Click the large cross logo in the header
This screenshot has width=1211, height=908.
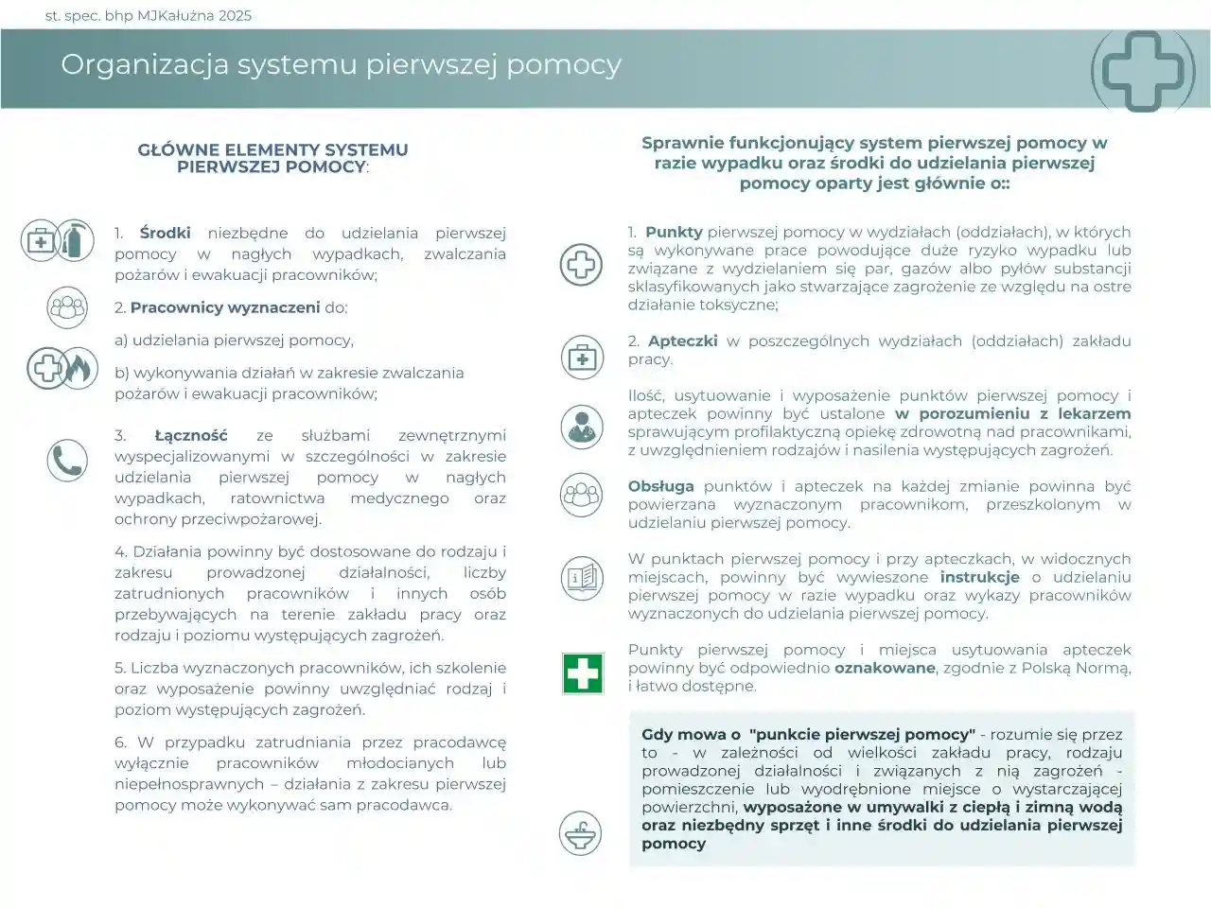pyautogui.click(x=1143, y=70)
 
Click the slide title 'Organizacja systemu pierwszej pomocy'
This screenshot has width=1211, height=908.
pyautogui.click(x=341, y=64)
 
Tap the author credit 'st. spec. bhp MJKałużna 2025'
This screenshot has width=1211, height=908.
pyautogui.click(x=149, y=15)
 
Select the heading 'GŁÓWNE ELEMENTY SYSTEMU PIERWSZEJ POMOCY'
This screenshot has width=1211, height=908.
pyautogui.click(x=272, y=158)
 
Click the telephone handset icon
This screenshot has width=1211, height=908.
pyautogui.click(x=67, y=461)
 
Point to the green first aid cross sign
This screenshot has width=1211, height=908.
pyautogui.click(x=582, y=673)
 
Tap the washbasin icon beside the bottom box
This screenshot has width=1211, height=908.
pyautogui.click(x=580, y=833)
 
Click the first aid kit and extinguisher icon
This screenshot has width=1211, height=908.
pyautogui.click(x=57, y=241)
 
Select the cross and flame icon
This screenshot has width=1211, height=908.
pyautogui.click(x=61, y=368)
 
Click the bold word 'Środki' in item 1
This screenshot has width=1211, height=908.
pyautogui.click(x=165, y=233)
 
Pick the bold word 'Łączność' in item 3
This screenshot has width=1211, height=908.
pyautogui.click(x=191, y=435)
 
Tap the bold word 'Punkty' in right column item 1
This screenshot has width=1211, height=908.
pyautogui.click(x=674, y=232)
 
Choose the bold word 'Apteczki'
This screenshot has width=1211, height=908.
pyautogui.click(x=682, y=340)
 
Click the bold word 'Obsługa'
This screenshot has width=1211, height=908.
pyautogui.click(x=660, y=486)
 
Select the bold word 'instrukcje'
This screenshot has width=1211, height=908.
pyautogui.click(x=979, y=577)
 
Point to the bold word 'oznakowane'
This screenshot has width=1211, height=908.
pyautogui.click(x=885, y=668)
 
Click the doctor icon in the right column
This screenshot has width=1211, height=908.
pyautogui.click(x=581, y=427)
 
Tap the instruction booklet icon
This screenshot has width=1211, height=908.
pyautogui.click(x=581, y=577)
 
